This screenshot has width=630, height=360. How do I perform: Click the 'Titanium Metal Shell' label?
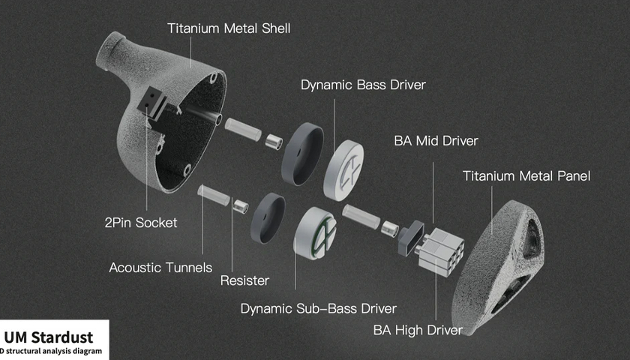click(228, 29)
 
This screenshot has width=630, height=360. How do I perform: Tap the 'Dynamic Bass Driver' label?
click(363, 85)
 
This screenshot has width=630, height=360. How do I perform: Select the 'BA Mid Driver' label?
click(436, 140)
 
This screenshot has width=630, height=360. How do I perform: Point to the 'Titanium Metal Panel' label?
click(526, 176)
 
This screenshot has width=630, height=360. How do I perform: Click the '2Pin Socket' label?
click(141, 222)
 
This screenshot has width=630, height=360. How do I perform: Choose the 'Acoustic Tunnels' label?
click(160, 267)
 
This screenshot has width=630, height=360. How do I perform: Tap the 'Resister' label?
click(244, 280)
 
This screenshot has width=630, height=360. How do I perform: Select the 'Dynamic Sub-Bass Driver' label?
click(318, 308)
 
